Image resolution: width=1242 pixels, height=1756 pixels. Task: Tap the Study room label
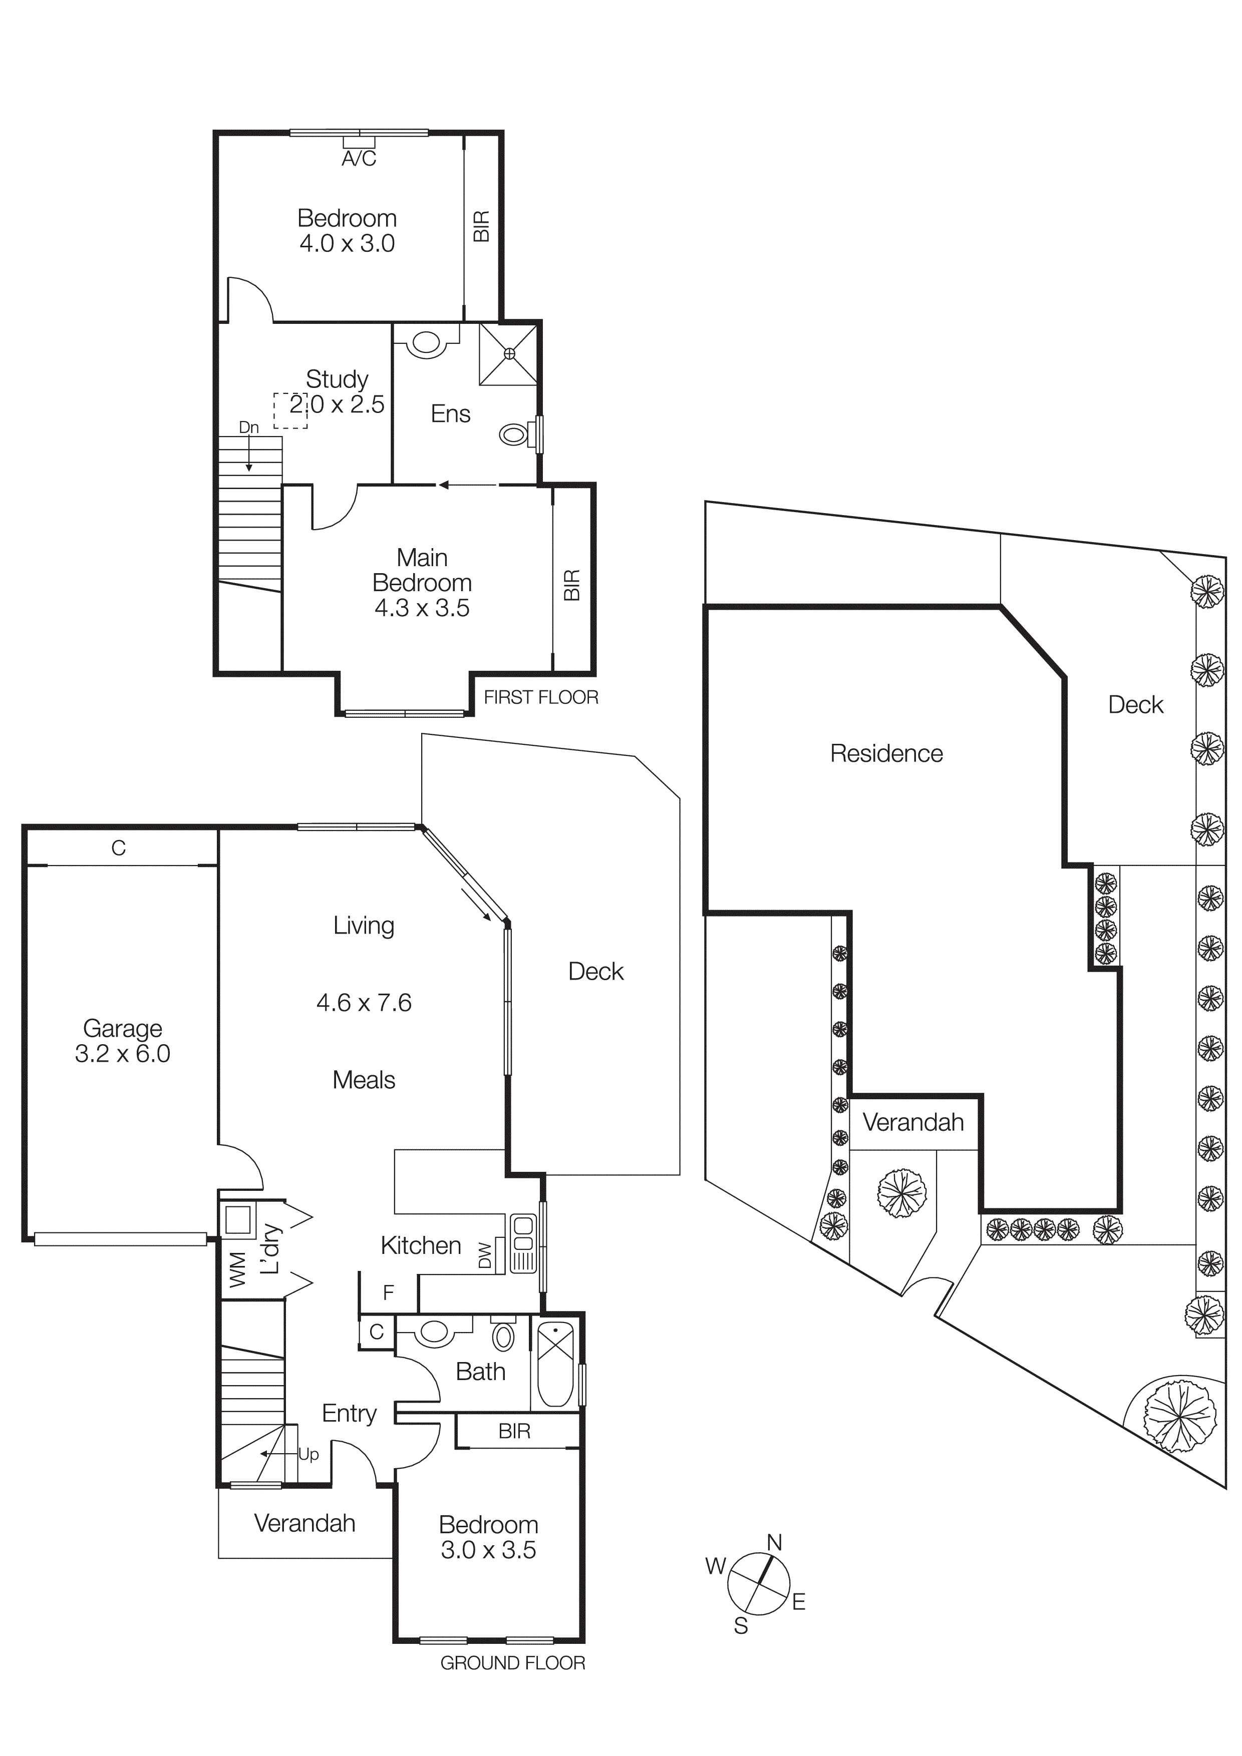(337, 379)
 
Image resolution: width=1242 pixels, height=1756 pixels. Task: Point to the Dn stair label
(249, 427)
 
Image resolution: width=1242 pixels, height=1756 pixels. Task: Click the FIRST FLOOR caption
(540, 697)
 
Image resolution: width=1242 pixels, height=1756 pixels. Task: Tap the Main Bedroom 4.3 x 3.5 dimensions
(422, 608)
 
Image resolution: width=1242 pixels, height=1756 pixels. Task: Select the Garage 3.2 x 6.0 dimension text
(122, 1054)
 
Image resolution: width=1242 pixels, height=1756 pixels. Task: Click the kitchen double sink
(523, 1243)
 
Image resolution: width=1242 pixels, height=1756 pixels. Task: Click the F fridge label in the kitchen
(388, 1292)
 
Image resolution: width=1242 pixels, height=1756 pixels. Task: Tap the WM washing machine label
(238, 1269)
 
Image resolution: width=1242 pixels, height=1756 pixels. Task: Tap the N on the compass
(774, 1543)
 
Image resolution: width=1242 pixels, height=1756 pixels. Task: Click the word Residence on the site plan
(886, 753)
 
